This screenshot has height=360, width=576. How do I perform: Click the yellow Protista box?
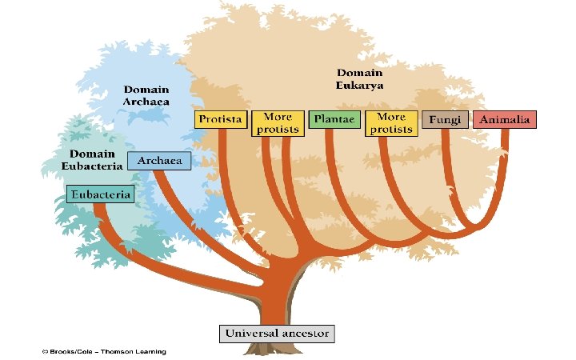coord(221,120)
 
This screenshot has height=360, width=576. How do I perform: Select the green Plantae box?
coord(334,120)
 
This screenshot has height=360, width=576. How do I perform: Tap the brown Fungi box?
coord(444,120)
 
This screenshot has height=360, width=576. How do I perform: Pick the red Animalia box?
coord(504,120)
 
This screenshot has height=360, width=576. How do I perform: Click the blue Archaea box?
coord(159,161)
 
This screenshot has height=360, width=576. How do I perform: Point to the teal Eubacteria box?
coord(100,194)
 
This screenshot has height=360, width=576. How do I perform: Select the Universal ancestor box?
coord(277,333)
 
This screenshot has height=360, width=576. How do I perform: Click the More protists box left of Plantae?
coord(277,123)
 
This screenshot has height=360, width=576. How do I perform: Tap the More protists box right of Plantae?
coord(391,123)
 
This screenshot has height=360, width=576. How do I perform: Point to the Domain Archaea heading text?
coord(146,95)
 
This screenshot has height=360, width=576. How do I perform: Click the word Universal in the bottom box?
coord(253,333)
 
